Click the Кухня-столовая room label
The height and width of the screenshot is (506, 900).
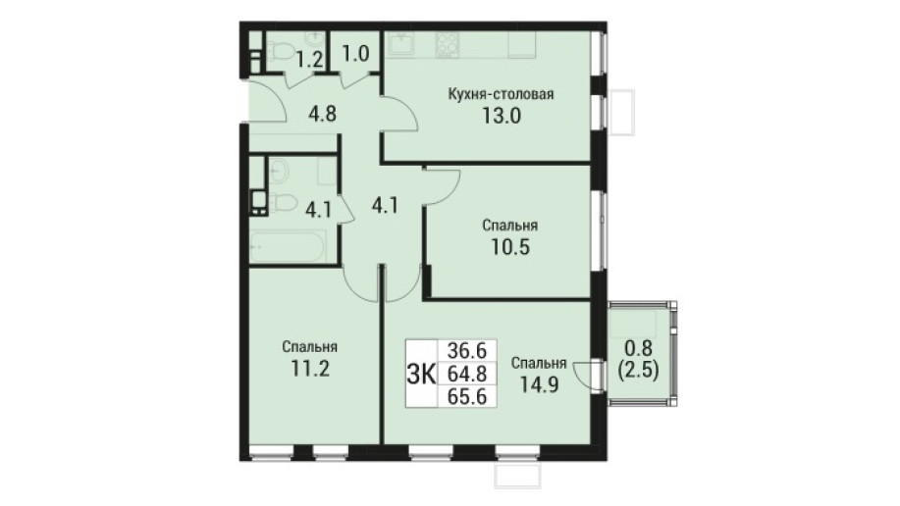501,94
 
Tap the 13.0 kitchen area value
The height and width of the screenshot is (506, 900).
501,117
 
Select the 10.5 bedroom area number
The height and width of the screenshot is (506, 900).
509,247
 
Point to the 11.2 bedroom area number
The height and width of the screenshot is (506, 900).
309,369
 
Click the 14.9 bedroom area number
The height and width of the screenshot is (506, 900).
539,383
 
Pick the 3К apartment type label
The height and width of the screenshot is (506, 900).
421,374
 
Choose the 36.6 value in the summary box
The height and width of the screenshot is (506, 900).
466,349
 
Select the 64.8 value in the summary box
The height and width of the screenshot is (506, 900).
466,374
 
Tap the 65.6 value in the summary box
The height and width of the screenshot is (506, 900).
466,397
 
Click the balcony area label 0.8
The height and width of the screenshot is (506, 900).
638,349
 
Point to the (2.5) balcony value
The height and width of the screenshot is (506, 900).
638,371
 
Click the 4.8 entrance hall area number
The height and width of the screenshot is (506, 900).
322,114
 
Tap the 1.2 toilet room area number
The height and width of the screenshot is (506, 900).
310,60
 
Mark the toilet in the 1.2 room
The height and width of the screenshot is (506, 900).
279,53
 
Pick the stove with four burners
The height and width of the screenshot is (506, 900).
448,43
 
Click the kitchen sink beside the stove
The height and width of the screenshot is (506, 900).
402,44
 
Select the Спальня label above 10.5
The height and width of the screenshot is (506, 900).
510,226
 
